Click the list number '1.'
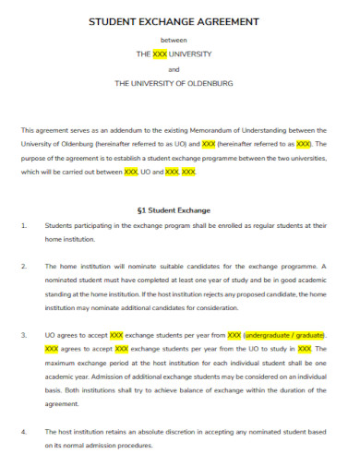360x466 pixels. tap(24, 224)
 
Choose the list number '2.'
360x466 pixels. tap(24, 266)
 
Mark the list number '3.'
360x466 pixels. tap(24, 335)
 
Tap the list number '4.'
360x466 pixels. tap(24, 431)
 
